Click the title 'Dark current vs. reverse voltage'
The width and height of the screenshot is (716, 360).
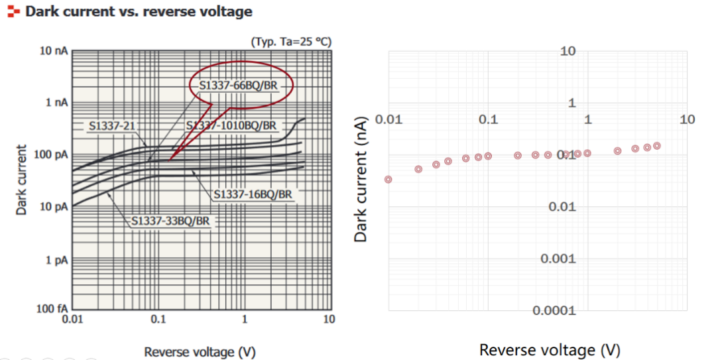click(139, 12)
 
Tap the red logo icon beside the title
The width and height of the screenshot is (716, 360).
click(13, 12)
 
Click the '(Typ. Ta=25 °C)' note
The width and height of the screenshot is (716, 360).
click(290, 42)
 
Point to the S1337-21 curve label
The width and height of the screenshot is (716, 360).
click(112, 125)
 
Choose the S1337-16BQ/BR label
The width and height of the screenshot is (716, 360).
click(253, 194)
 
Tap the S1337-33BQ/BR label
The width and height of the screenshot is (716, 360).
click(170, 221)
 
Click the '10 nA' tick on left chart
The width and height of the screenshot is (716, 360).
click(54, 51)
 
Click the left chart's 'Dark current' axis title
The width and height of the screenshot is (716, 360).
click(22, 180)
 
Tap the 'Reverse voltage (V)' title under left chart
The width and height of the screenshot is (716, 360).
click(200, 351)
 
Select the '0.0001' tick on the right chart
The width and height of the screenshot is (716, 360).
click(554, 310)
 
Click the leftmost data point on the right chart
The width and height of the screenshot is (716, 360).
click(388, 180)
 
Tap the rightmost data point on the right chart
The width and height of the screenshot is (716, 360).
click(657, 146)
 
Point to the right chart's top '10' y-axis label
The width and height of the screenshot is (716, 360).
click(567, 51)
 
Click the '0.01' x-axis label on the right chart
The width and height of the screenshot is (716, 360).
click(388, 120)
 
